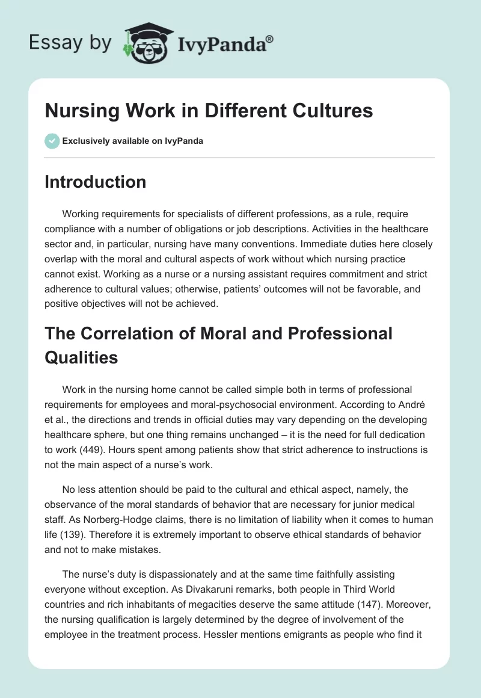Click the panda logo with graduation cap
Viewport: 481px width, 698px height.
147,44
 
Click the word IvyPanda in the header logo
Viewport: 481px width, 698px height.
221,45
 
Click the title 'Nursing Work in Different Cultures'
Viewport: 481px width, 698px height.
209,111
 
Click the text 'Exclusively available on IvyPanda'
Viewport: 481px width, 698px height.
133,141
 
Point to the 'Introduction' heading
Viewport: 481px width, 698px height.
95,182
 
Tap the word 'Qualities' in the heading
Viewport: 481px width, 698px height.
81,357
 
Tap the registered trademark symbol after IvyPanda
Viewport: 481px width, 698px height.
269,39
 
